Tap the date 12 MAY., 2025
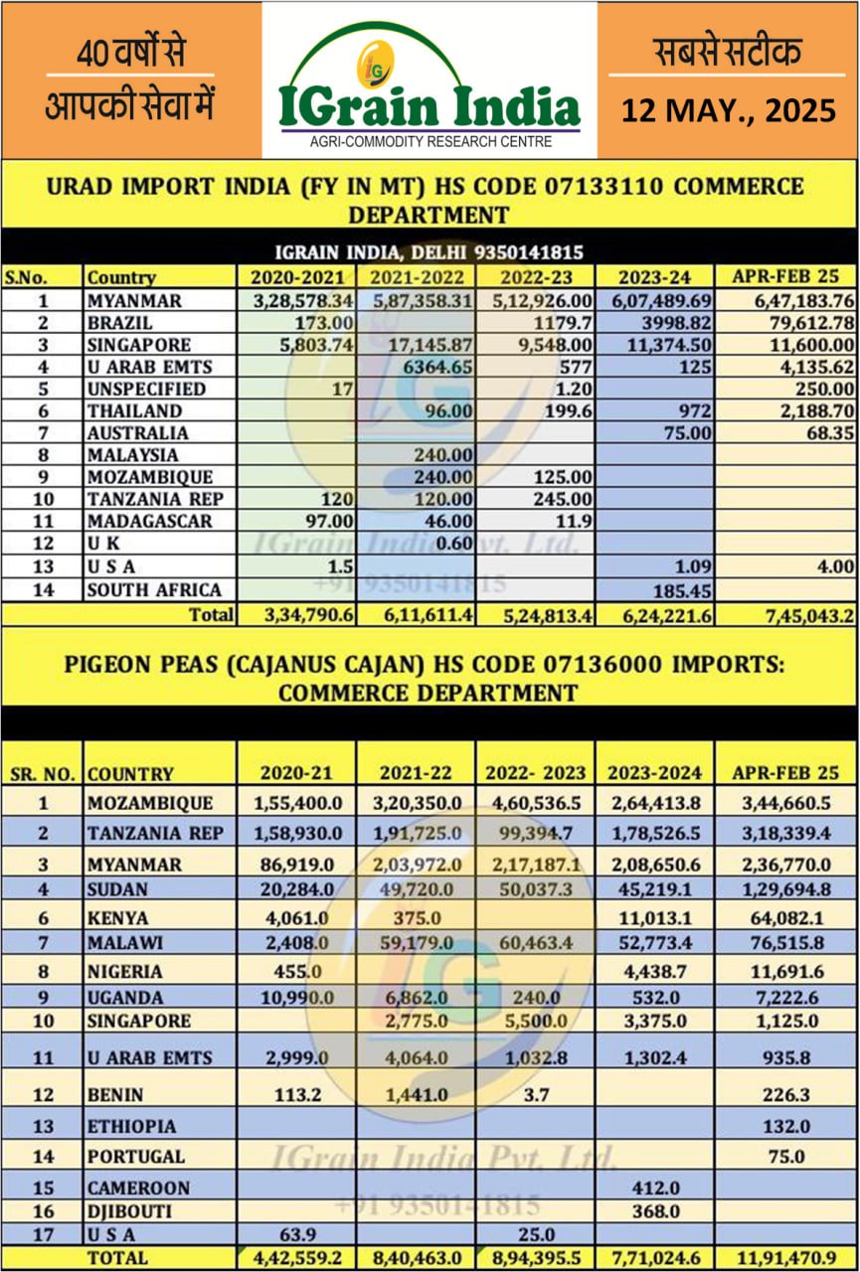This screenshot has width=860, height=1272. click(729, 109)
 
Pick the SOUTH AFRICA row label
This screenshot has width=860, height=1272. click(153, 589)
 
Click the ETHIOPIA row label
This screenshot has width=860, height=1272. click(131, 1126)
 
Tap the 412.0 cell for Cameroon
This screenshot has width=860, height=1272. click(653, 1187)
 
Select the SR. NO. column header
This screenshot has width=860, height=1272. click(43, 773)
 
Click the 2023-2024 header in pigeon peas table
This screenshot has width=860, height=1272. click(654, 772)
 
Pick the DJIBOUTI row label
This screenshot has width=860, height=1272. click(129, 1211)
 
